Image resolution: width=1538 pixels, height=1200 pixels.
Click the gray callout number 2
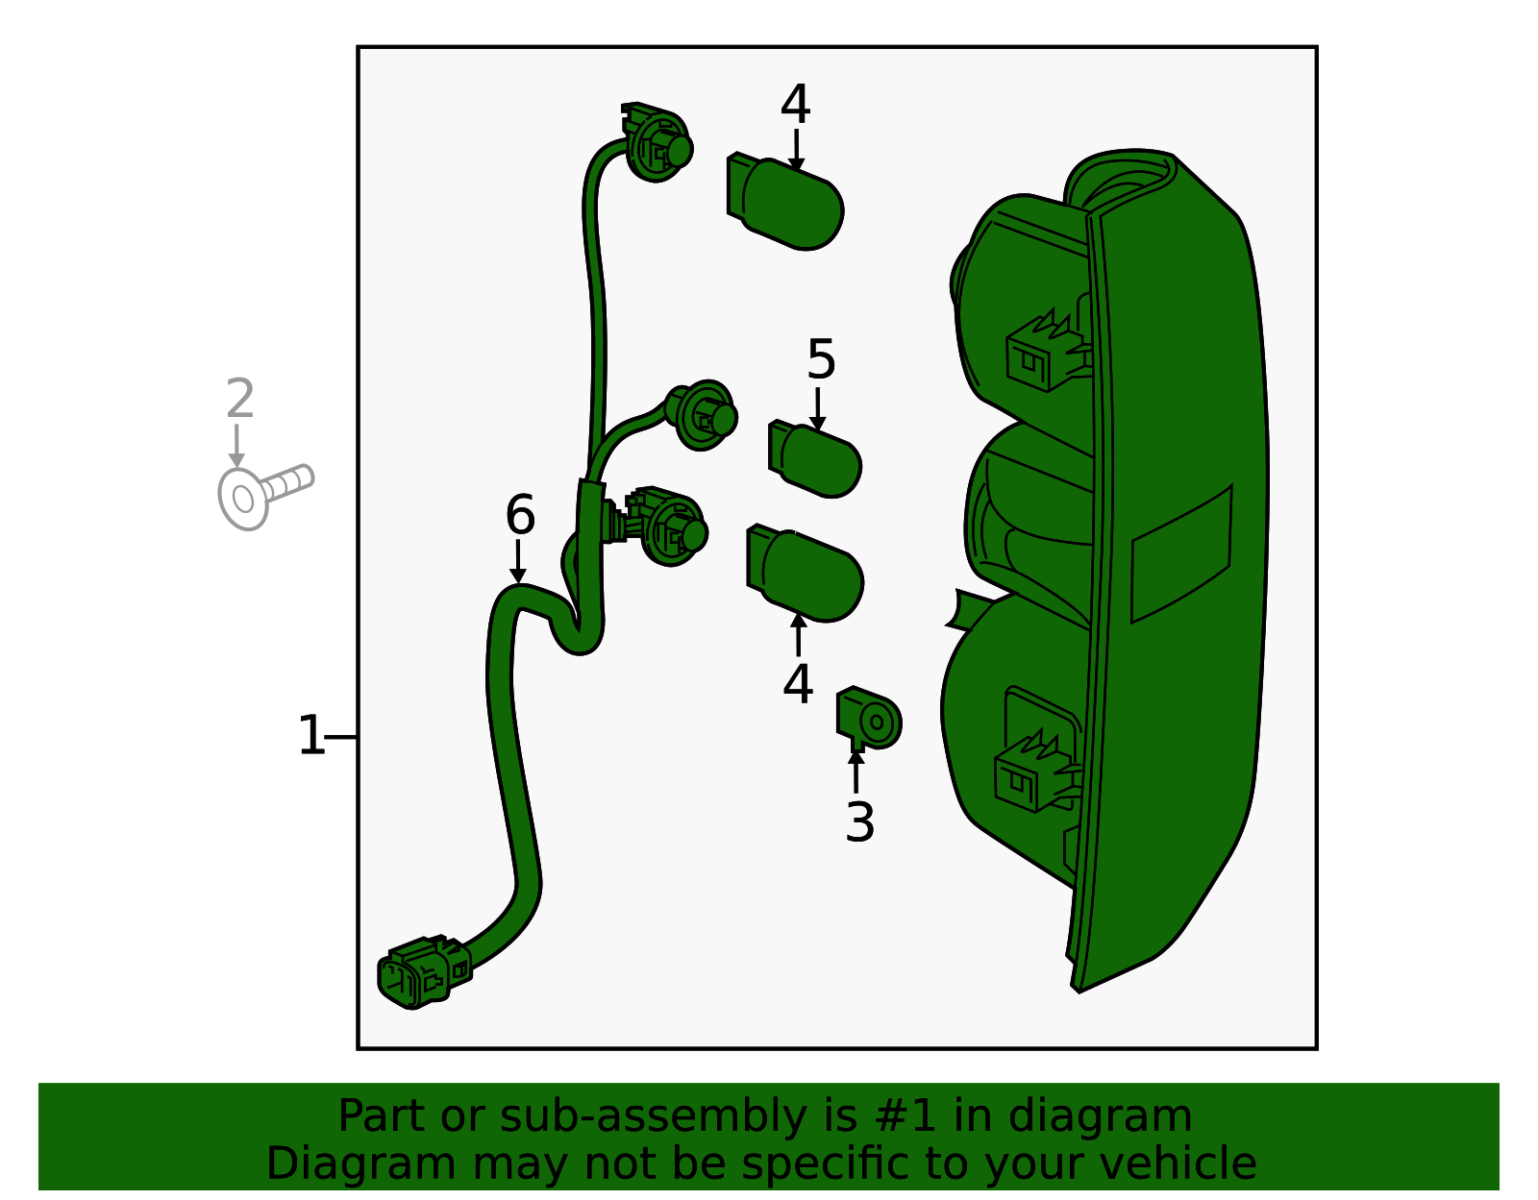point(240,398)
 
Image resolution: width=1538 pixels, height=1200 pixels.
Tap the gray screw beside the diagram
point(265,497)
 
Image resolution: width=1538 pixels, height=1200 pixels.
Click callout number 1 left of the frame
point(311,735)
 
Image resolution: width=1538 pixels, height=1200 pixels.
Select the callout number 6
point(520,515)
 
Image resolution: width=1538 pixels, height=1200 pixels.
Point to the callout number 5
point(821,359)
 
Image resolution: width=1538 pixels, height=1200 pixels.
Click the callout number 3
point(860,822)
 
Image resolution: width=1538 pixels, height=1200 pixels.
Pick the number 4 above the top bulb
point(796,105)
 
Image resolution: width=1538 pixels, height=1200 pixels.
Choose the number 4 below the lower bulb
point(798,684)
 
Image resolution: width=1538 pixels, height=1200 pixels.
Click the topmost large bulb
point(785,201)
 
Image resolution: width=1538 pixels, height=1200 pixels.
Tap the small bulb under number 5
point(814,458)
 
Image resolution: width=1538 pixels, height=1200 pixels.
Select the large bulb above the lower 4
point(805,574)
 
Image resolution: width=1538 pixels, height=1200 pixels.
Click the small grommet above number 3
point(868,718)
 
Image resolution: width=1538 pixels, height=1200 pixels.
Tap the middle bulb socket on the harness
point(702,415)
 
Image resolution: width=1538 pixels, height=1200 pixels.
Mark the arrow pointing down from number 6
point(518,561)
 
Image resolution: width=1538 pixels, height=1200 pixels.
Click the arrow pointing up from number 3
point(856,771)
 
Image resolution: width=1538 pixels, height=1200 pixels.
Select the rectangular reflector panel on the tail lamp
point(1181,554)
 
